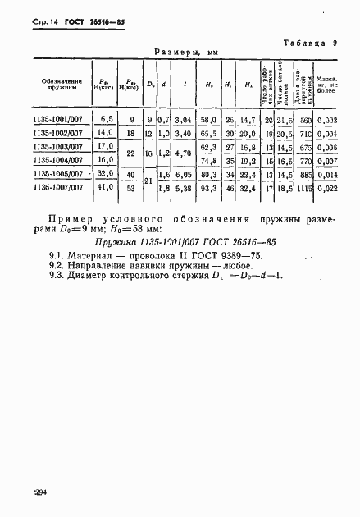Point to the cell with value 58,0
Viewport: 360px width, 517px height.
(207, 120)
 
